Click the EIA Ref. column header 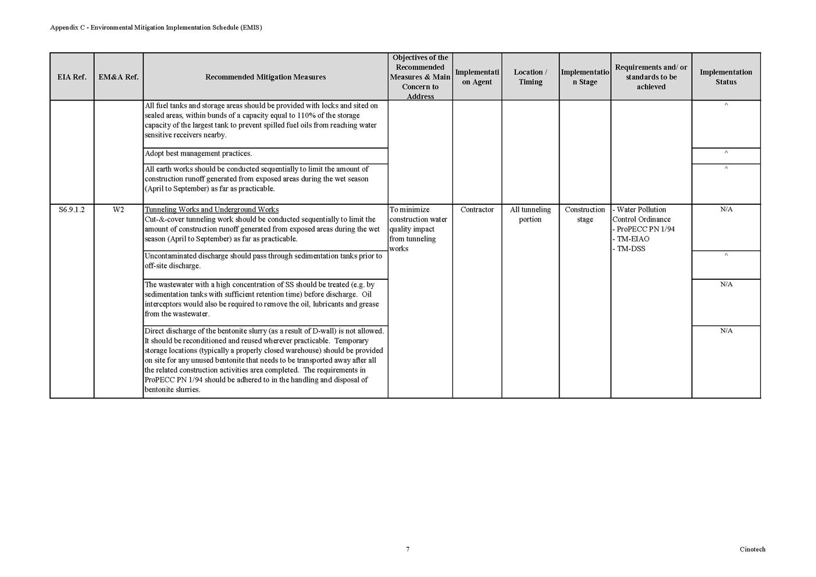coord(72,77)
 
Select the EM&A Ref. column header coord(118,77)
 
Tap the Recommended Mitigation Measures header coord(265,77)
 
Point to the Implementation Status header coord(725,77)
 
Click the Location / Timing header coord(530,77)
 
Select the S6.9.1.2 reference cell coord(72,209)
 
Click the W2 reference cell coord(118,209)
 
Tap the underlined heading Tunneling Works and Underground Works coord(212,209)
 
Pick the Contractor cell coord(477,209)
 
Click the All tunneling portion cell coord(530,214)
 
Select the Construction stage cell coord(585,214)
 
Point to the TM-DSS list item coord(629,248)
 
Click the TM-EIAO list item coord(630,238)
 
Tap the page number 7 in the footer coord(408,549)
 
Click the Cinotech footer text coord(752,549)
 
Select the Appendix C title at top coord(156,27)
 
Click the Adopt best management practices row coord(198,154)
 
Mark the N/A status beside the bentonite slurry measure coord(726,330)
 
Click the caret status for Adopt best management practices coord(726,152)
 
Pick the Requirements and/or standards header coord(651,77)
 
